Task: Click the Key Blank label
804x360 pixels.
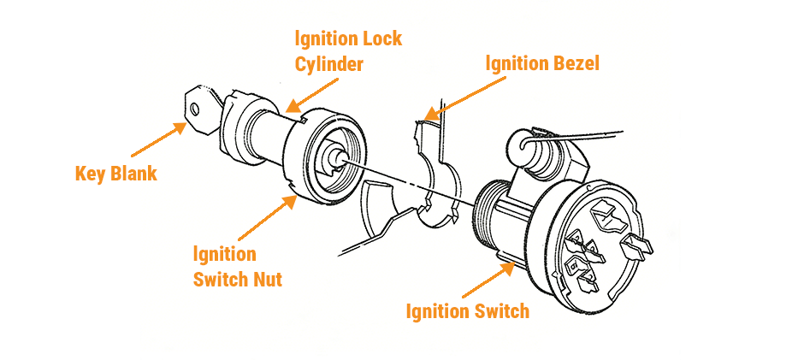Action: pyautogui.click(x=115, y=174)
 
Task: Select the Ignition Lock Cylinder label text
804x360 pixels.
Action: pyautogui.click(x=347, y=51)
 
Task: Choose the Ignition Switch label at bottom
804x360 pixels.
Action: pyautogui.click(x=467, y=311)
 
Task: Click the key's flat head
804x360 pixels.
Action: pyautogui.click(x=198, y=109)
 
